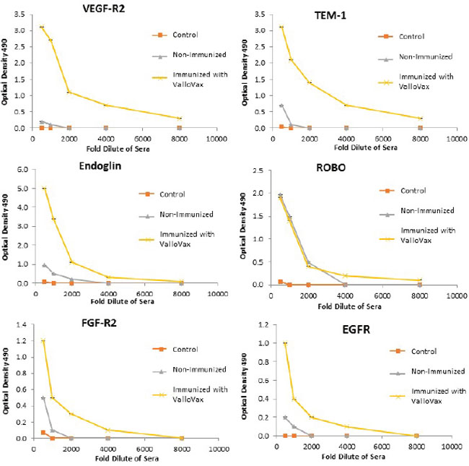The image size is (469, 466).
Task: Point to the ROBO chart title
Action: tap(332, 172)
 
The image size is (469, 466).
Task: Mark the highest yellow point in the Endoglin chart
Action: tap(45, 189)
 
